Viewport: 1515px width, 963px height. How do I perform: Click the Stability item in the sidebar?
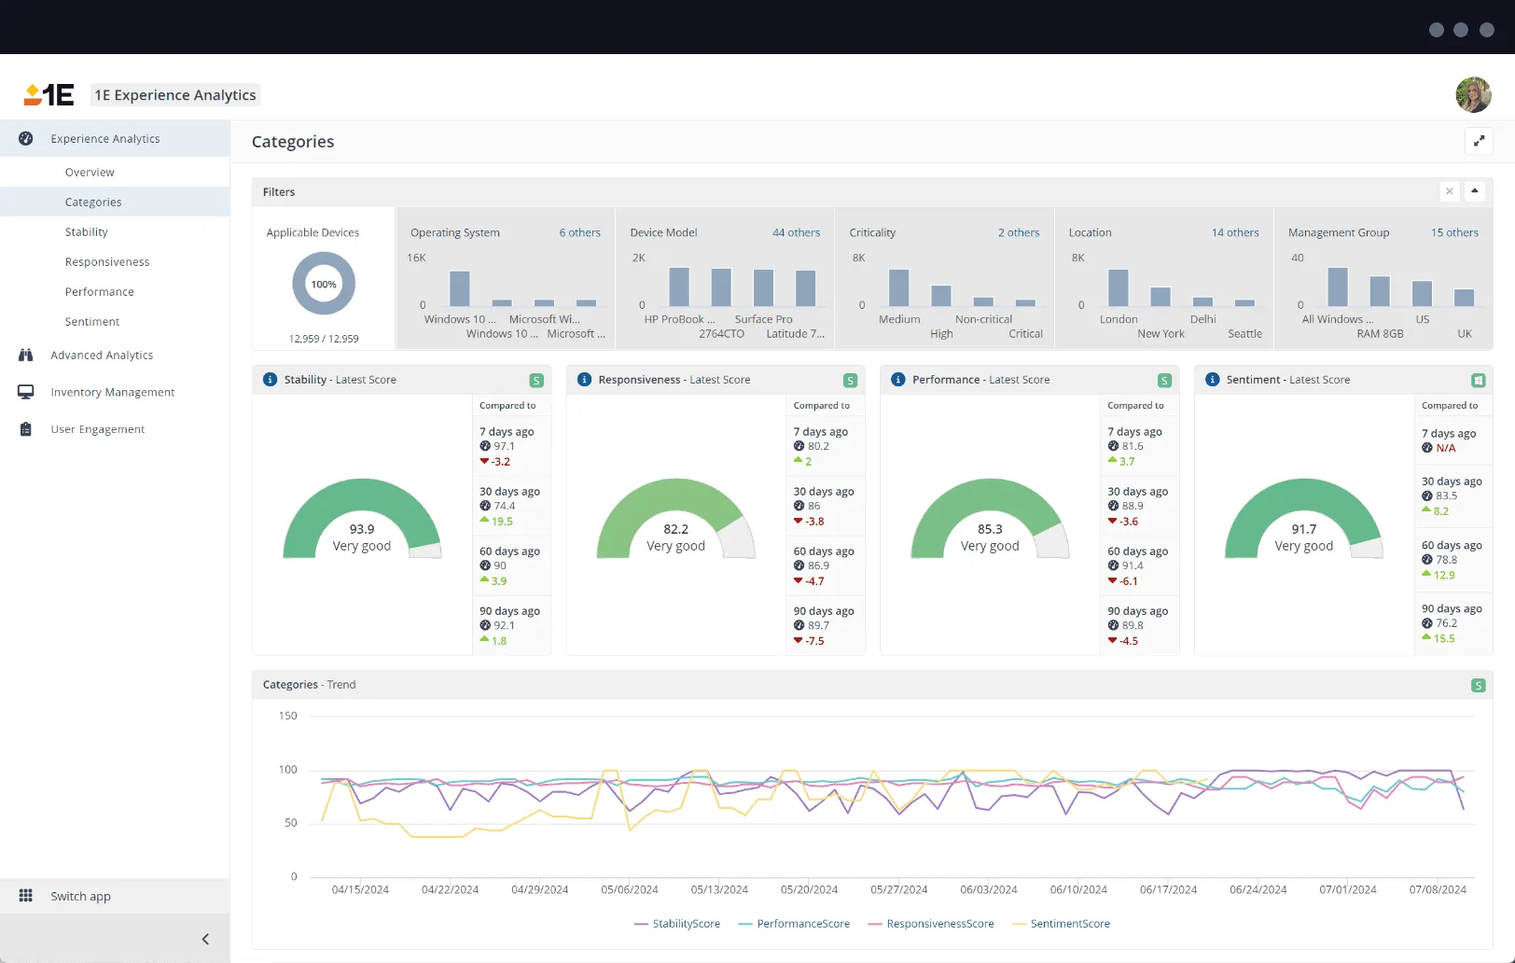(x=86, y=232)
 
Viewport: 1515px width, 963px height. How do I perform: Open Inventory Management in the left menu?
(x=112, y=393)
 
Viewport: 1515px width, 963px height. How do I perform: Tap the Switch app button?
(x=80, y=897)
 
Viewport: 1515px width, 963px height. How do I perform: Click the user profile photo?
(x=1473, y=95)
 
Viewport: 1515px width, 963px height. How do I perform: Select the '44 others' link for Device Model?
(x=796, y=233)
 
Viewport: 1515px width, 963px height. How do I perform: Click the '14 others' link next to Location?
(x=1234, y=233)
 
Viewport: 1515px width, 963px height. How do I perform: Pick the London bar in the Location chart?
(x=1118, y=288)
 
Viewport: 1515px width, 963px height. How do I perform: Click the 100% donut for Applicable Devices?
(x=324, y=285)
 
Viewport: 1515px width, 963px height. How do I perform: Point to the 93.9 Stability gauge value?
(x=362, y=529)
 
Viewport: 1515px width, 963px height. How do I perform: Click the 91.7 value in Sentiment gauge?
(x=1303, y=529)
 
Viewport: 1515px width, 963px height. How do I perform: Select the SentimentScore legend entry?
(x=1069, y=924)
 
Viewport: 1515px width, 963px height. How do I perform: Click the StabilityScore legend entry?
(x=686, y=924)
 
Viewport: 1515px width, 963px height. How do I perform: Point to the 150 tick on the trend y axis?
(x=287, y=717)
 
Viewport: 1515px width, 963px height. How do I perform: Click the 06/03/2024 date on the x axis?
(x=988, y=890)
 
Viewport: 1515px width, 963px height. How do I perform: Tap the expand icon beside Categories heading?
(x=1479, y=142)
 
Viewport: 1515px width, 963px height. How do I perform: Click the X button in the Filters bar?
(x=1449, y=191)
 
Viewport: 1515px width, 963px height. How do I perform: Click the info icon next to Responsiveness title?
(x=584, y=380)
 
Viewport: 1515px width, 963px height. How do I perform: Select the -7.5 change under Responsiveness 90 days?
(x=814, y=641)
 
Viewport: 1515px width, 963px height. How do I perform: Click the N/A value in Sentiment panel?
(x=1445, y=449)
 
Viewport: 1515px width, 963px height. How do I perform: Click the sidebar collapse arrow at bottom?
(x=205, y=940)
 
